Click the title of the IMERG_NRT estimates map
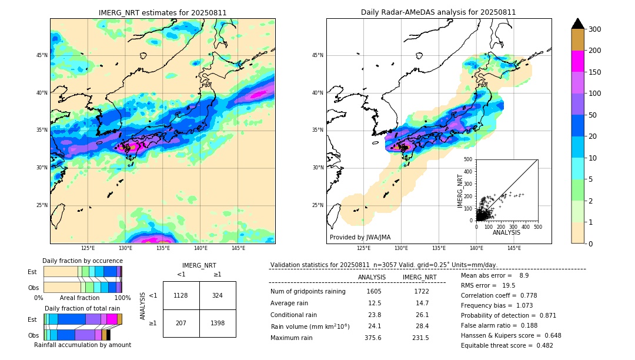(x=162, y=12)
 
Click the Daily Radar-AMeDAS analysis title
(x=439, y=12)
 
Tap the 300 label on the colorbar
(x=595, y=29)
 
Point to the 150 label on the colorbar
(x=595, y=72)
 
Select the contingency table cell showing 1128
(x=181, y=295)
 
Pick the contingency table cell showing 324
(x=218, y=295)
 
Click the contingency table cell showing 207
(x=181, y=323)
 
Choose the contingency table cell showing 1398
(x=218, y=323)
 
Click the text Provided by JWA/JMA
(x=360, y=237)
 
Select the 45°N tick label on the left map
(x=42, y=55)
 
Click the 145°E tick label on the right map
(x=514, y=248)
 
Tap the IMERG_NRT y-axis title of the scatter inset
(x=460, y=189)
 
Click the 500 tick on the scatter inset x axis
(x=537, y=226)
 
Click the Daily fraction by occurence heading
(x=82, y=261)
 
